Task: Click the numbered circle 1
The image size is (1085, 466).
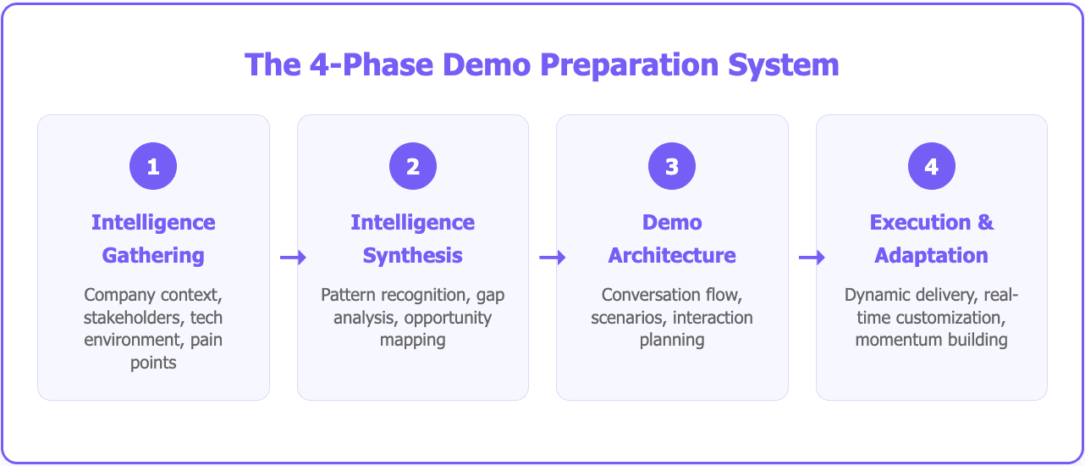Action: pos(153,166)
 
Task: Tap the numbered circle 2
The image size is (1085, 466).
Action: pos(413,166)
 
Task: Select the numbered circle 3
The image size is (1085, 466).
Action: pos(672,166)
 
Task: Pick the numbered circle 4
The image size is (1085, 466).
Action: pos(932,166)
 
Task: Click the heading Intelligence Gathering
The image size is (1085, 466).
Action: pos(153,239)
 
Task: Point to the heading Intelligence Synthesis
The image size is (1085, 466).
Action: pos(413,239)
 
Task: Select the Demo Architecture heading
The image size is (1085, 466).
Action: pos(672,239)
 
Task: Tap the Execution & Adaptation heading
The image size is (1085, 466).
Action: pos(932,239)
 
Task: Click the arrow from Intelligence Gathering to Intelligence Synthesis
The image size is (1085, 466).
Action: pos(293,258)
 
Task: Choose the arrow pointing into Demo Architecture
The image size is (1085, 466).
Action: pos(552,258)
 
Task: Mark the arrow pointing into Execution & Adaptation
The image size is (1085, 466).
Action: pos(812,258)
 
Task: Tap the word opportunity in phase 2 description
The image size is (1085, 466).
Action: pos(447,318)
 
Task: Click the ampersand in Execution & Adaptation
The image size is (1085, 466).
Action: pos(985,223)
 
